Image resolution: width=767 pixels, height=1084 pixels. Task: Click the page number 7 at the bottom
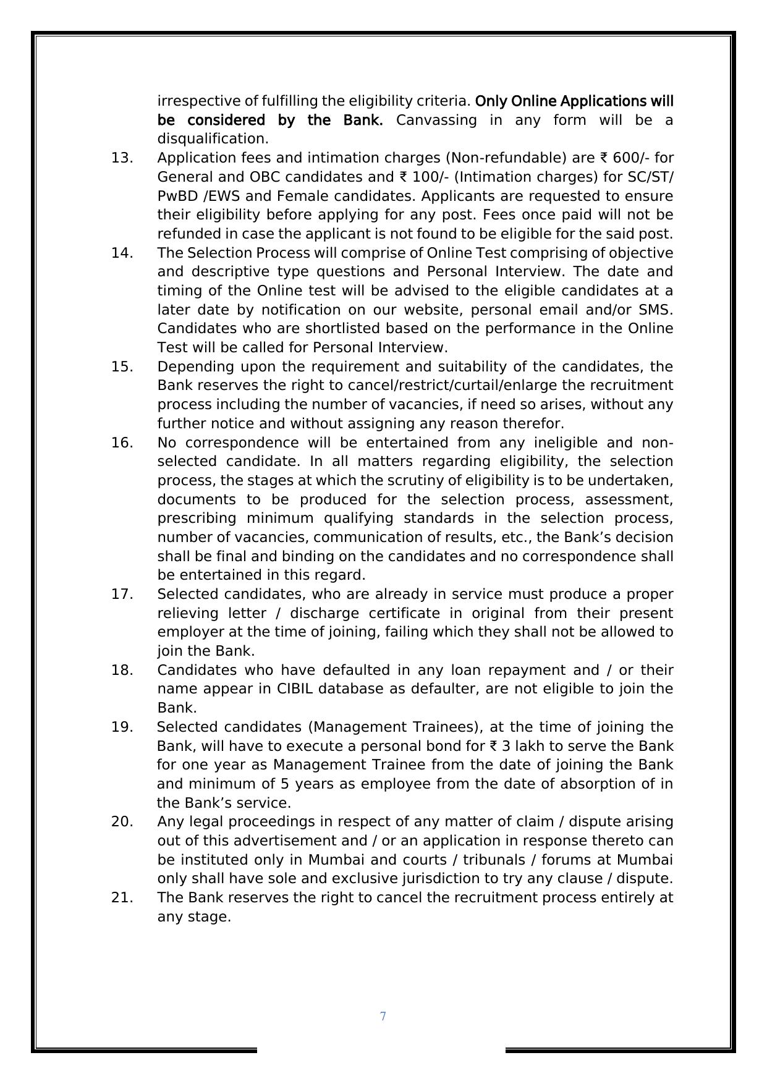383,1017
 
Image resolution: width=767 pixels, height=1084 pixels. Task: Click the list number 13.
122,158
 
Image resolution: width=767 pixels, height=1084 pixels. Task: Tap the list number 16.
122,442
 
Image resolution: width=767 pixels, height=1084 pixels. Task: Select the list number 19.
122,727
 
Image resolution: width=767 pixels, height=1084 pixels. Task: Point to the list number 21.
122,898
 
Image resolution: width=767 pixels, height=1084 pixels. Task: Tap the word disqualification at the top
213,139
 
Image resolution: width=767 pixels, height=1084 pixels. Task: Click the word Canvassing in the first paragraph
436,120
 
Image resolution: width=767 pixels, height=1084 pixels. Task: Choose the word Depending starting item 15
196,367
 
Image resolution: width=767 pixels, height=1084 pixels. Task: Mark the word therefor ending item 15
535,424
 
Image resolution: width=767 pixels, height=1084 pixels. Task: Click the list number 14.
122,253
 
